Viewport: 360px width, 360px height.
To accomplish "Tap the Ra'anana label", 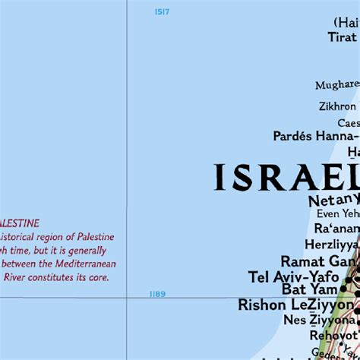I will tap(337, 229).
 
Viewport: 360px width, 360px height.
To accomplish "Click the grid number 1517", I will tap(162, 11).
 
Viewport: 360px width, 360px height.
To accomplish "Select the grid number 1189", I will tap(157, 294).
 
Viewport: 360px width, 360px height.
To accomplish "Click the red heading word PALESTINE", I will tap(21, 223).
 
